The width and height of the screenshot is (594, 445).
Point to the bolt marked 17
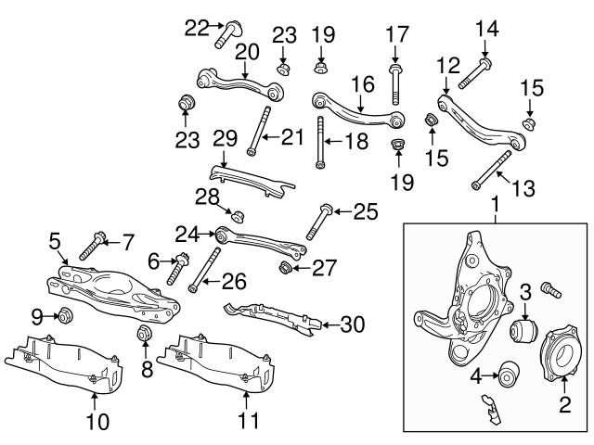coord(395,83)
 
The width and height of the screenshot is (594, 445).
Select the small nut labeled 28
coord(237,216)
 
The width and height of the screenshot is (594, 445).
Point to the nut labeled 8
coord(144,334)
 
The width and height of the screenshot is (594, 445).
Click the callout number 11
coord(245,422)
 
